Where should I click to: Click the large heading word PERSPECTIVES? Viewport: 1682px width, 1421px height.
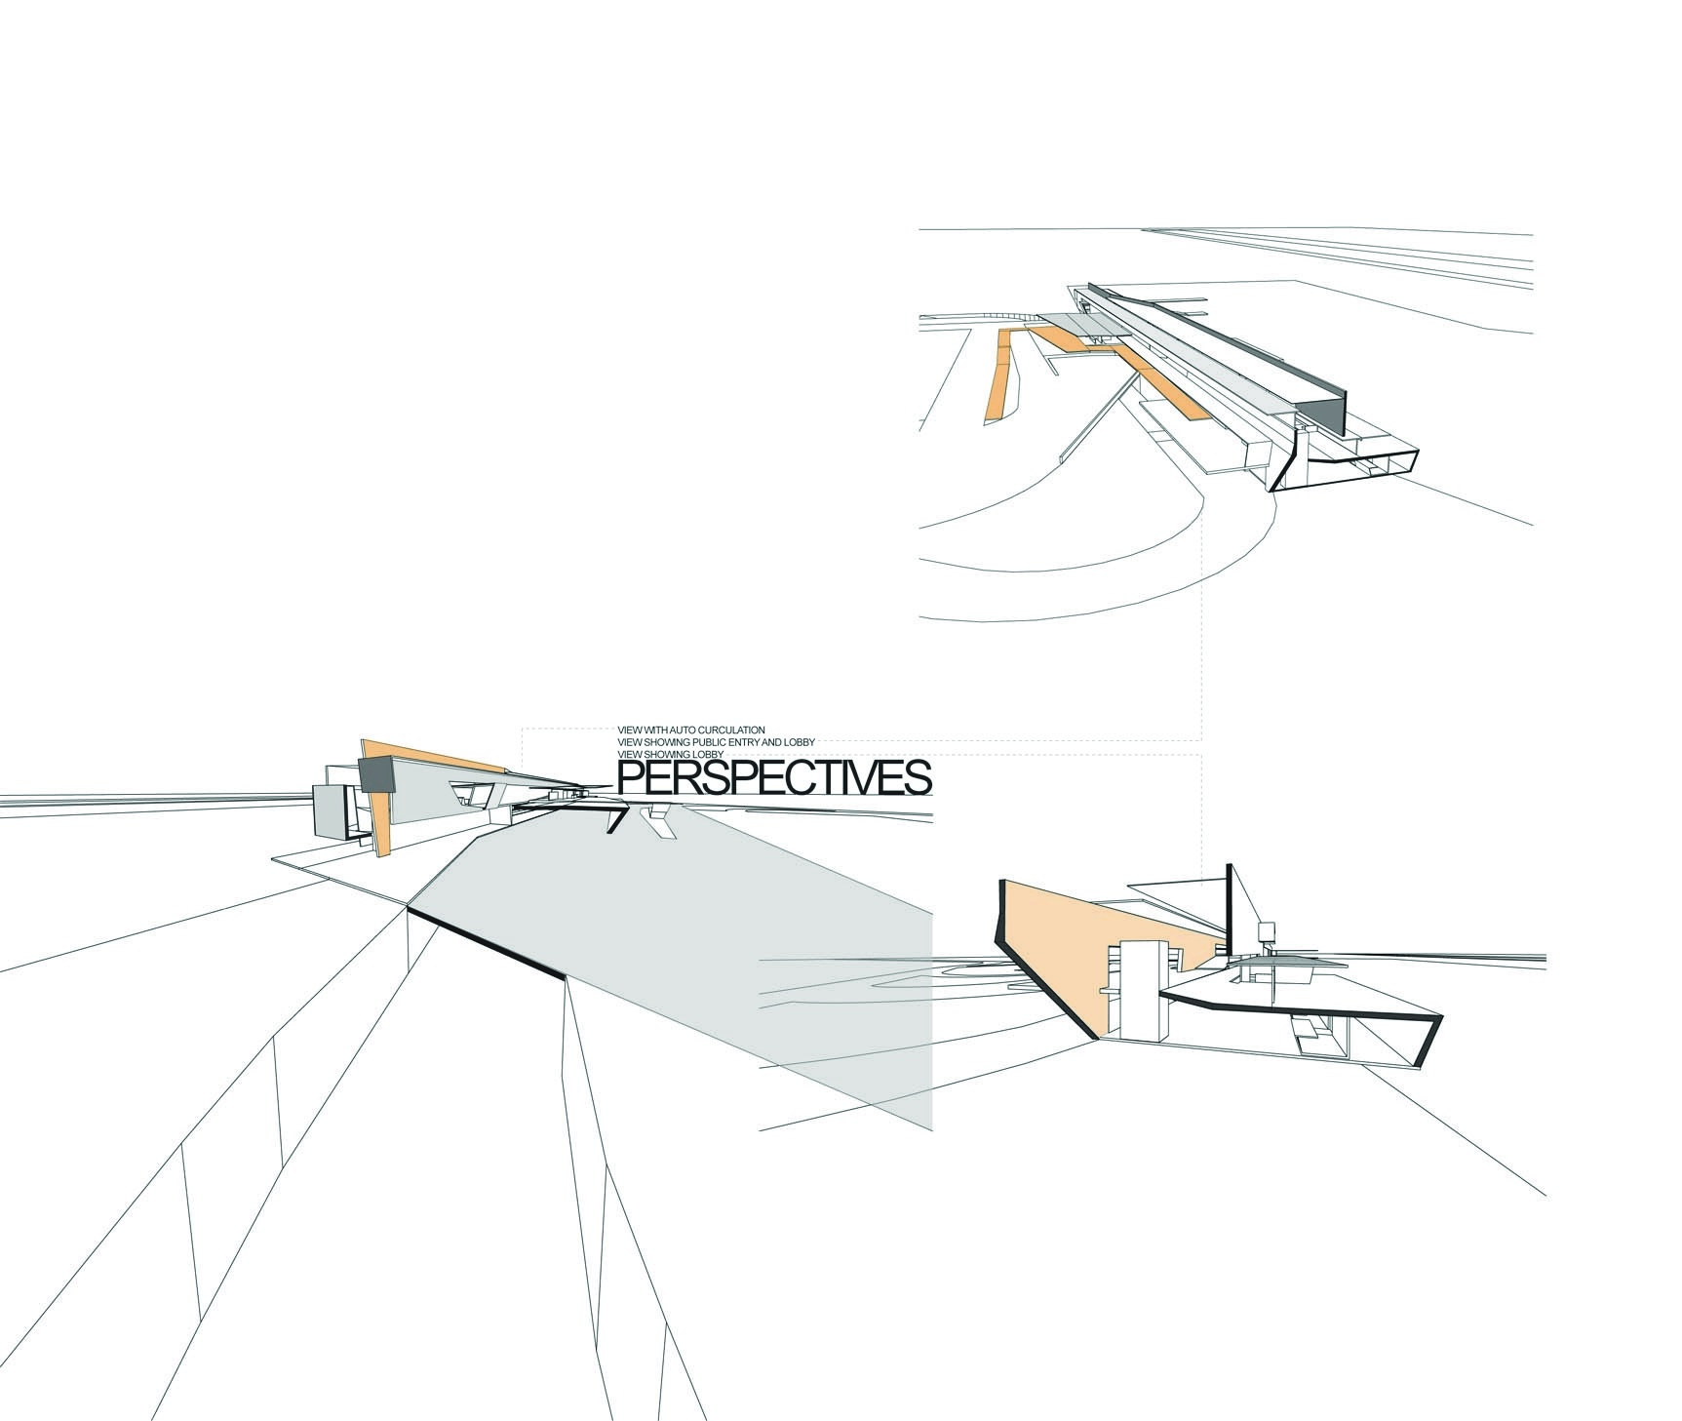tap(775, 779)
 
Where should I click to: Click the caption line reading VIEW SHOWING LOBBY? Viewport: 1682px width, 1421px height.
tap(667, 755)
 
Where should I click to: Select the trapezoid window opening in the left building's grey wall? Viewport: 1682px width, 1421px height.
tap(471, 792)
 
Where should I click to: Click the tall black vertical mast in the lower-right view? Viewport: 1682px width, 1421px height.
tap(1230, 907)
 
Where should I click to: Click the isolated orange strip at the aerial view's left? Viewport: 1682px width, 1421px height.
tap(999, 375)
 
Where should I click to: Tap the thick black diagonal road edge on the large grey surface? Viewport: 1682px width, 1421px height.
tap(486, 942)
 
